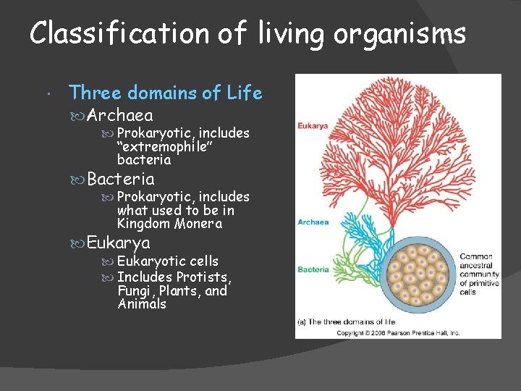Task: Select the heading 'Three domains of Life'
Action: pyautogui.click(x=165, y=93)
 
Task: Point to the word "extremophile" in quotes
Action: pyautogui.click(x=154, y=146)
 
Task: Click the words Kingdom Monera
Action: pyautogui.click(x=169, y=224)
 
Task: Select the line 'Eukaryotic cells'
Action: pyautogui.click(x=167, y=261)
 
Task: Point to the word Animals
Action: pyautogui.click(x=142, y=304)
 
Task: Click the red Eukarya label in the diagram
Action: pyautogui.click(x=313, y=125)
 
